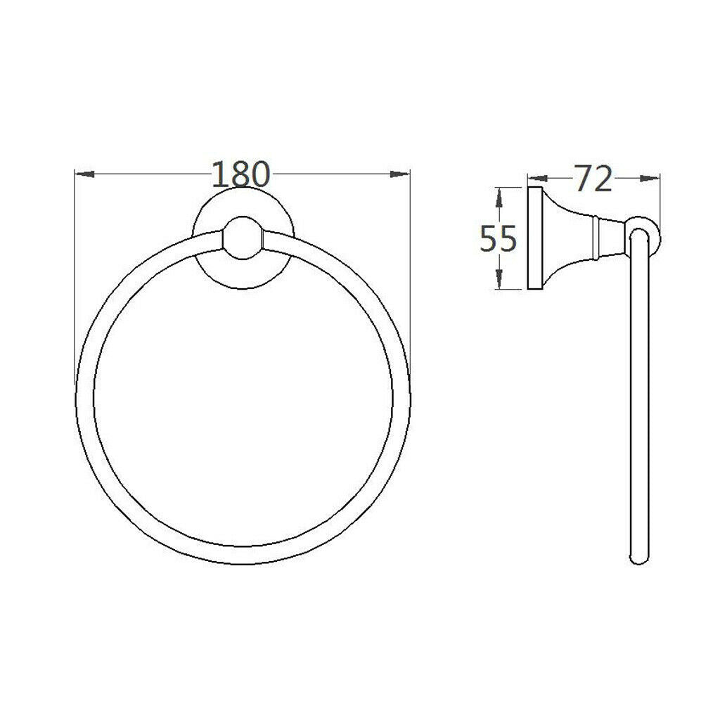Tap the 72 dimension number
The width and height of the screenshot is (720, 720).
593,179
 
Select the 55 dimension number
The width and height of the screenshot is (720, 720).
499,239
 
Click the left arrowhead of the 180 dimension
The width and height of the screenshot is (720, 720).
84,174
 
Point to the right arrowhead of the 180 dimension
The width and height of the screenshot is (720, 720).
399,174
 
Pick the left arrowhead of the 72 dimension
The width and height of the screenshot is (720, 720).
538,179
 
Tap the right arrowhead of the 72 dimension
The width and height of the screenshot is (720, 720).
650,179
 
